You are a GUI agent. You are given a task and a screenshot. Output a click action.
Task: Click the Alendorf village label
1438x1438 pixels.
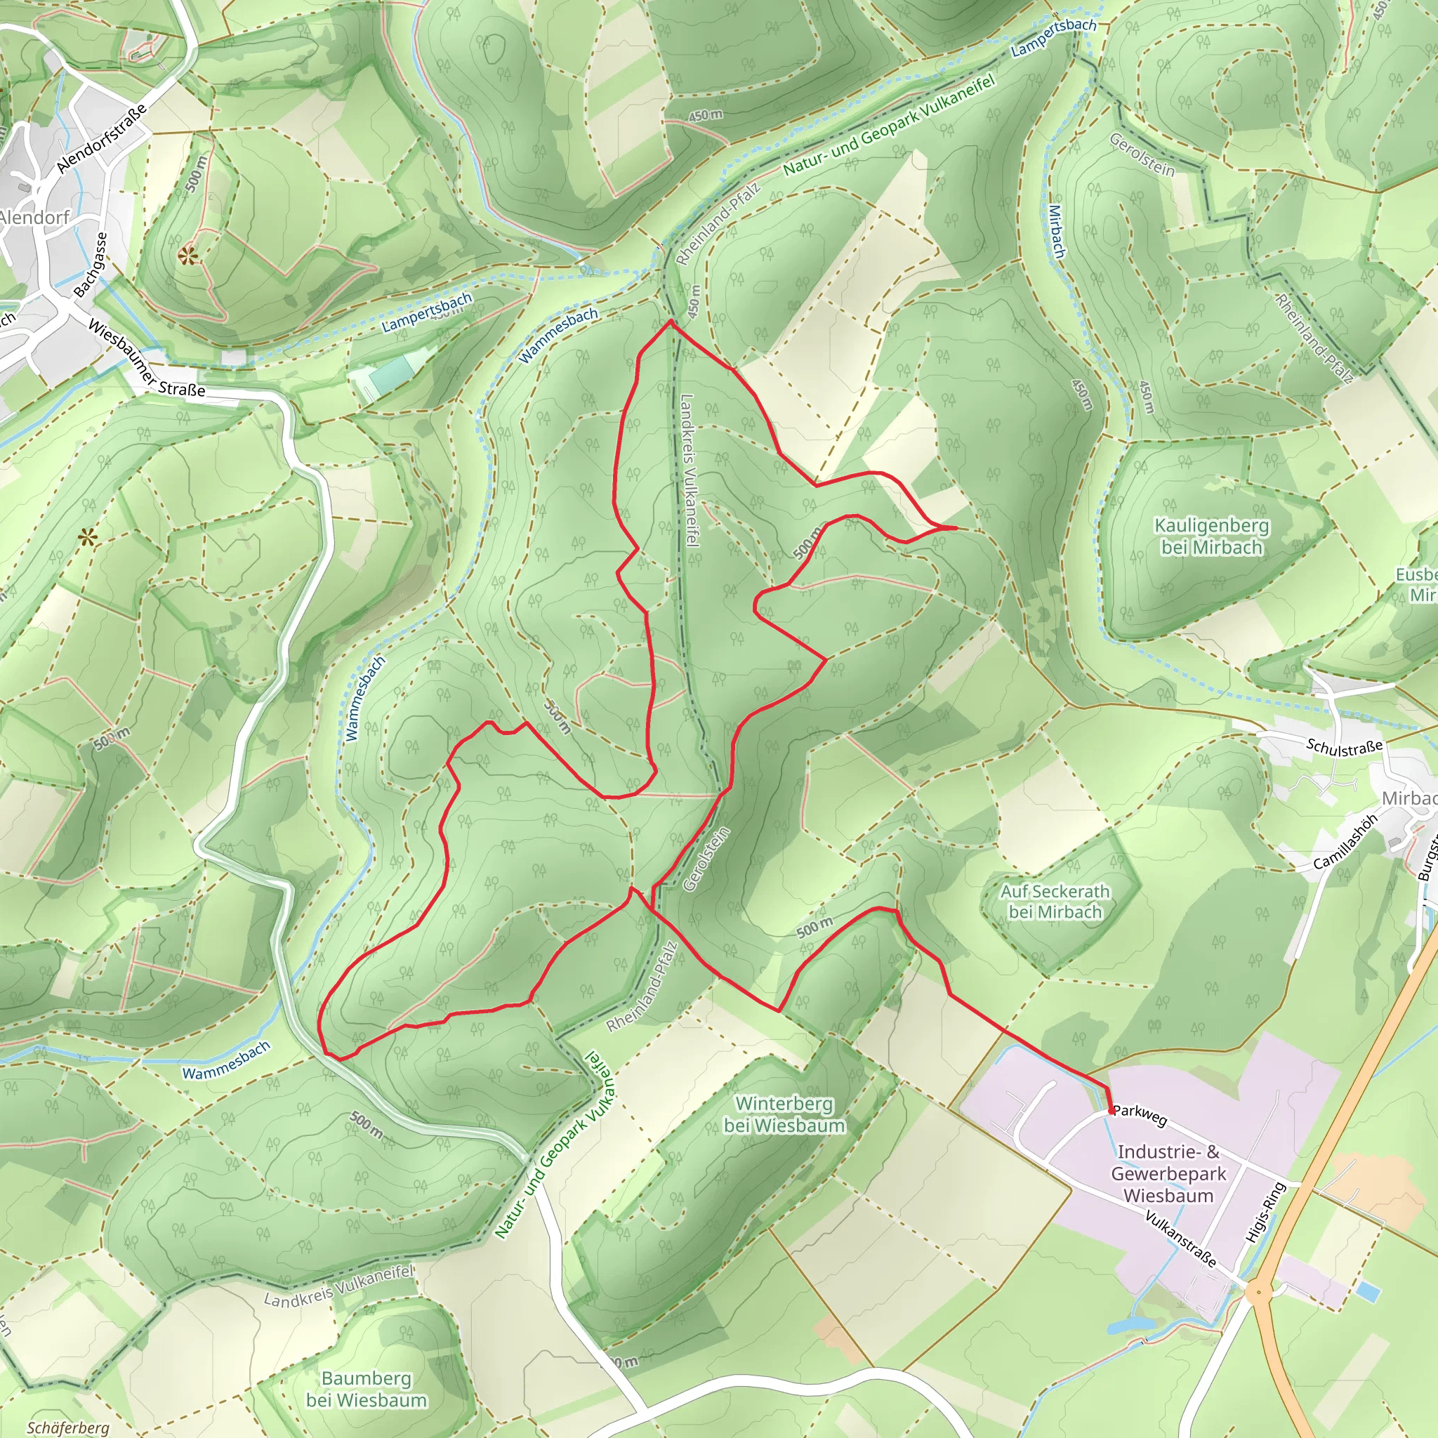tap(35, 218)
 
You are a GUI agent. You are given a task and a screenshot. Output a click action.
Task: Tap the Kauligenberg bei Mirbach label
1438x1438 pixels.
tap(1212, 536)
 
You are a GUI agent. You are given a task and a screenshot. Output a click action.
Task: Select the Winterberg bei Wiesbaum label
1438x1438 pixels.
tap(784, 1114)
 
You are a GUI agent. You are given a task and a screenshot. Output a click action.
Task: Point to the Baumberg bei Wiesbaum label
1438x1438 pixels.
tap(367, 1389)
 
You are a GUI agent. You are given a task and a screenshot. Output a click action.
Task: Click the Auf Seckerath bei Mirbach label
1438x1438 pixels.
tap(1055, 902)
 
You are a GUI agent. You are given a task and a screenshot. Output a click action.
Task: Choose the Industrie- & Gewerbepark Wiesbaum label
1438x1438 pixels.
tap(1168, 1173)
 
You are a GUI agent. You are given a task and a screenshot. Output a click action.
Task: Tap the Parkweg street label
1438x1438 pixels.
tap(1140, 1115)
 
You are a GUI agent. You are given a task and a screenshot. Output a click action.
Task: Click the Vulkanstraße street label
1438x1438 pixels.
tap(1180, 1239)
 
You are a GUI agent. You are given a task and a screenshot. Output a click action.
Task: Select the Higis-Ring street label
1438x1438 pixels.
tap(1265, 1212)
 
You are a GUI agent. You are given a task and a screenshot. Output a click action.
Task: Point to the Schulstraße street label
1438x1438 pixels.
tap(1344, 747)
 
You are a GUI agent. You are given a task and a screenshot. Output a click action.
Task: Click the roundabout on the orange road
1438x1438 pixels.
tap(1259, 1293)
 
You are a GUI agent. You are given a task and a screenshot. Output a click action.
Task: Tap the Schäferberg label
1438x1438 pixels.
tap(67, 1427)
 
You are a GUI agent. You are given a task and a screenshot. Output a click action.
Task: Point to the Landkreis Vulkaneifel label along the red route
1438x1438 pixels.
tap(690, 470)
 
